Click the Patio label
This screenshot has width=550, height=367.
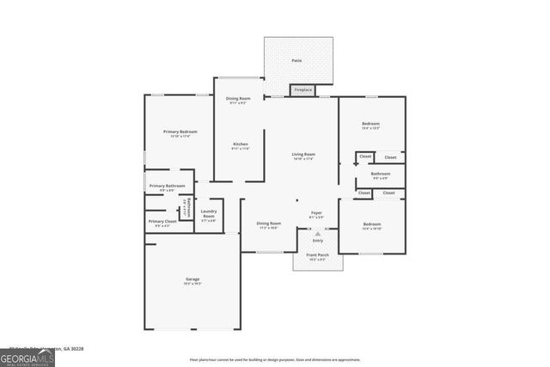296,60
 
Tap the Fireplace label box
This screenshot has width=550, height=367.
302,89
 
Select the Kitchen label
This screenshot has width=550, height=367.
240,144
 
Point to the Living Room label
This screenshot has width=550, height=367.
303,155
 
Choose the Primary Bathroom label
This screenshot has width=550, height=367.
167,186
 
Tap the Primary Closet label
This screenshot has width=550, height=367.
162,222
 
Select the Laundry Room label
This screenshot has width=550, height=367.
208,215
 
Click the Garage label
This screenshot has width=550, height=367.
192,278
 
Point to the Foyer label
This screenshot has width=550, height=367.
316,212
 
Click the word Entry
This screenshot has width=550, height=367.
318,241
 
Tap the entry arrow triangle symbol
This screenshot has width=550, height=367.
318,233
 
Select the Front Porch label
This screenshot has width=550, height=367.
318,255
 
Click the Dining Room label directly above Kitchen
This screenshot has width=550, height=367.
236,99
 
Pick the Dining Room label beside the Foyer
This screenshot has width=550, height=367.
269,223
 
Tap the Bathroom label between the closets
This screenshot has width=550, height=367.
381,174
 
